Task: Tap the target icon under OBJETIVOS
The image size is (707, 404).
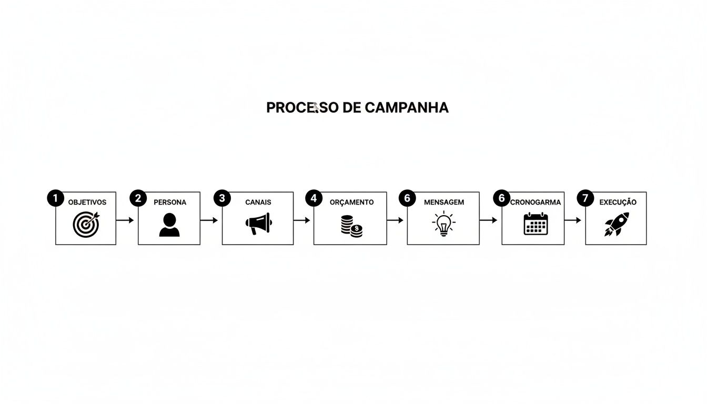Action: click(x=86, y=224)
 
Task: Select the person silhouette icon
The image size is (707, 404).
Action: click(x=169, y=225)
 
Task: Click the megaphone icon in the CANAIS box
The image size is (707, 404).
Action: click(x=258, y=224)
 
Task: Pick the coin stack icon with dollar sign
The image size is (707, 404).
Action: click(x=351, y=226)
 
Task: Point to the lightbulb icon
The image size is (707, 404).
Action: click(x=443, y=223)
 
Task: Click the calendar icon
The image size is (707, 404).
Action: click(x=536, y=224)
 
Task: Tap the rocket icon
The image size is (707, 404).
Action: click(x=616, y=224)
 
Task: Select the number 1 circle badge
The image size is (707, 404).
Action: click(x=55, y=198)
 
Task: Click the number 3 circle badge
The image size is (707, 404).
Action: click(x=222, y=198)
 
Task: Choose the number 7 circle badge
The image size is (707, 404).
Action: click(x=585, y=198)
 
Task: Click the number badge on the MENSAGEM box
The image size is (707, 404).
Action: click(x=407, y=198)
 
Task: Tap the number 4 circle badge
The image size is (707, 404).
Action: click(x=314, y=198)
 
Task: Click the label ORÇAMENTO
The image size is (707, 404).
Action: click(x=351, y=202)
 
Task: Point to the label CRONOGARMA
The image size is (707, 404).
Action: click(x=537, y=202)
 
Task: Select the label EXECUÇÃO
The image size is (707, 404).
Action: click(x=618, y=202)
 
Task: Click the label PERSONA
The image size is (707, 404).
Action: click(x=170, y=202)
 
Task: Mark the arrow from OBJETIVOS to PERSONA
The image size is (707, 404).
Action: click(x=125, y=220)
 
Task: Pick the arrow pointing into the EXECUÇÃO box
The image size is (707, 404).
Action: click(x=573, y=220)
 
